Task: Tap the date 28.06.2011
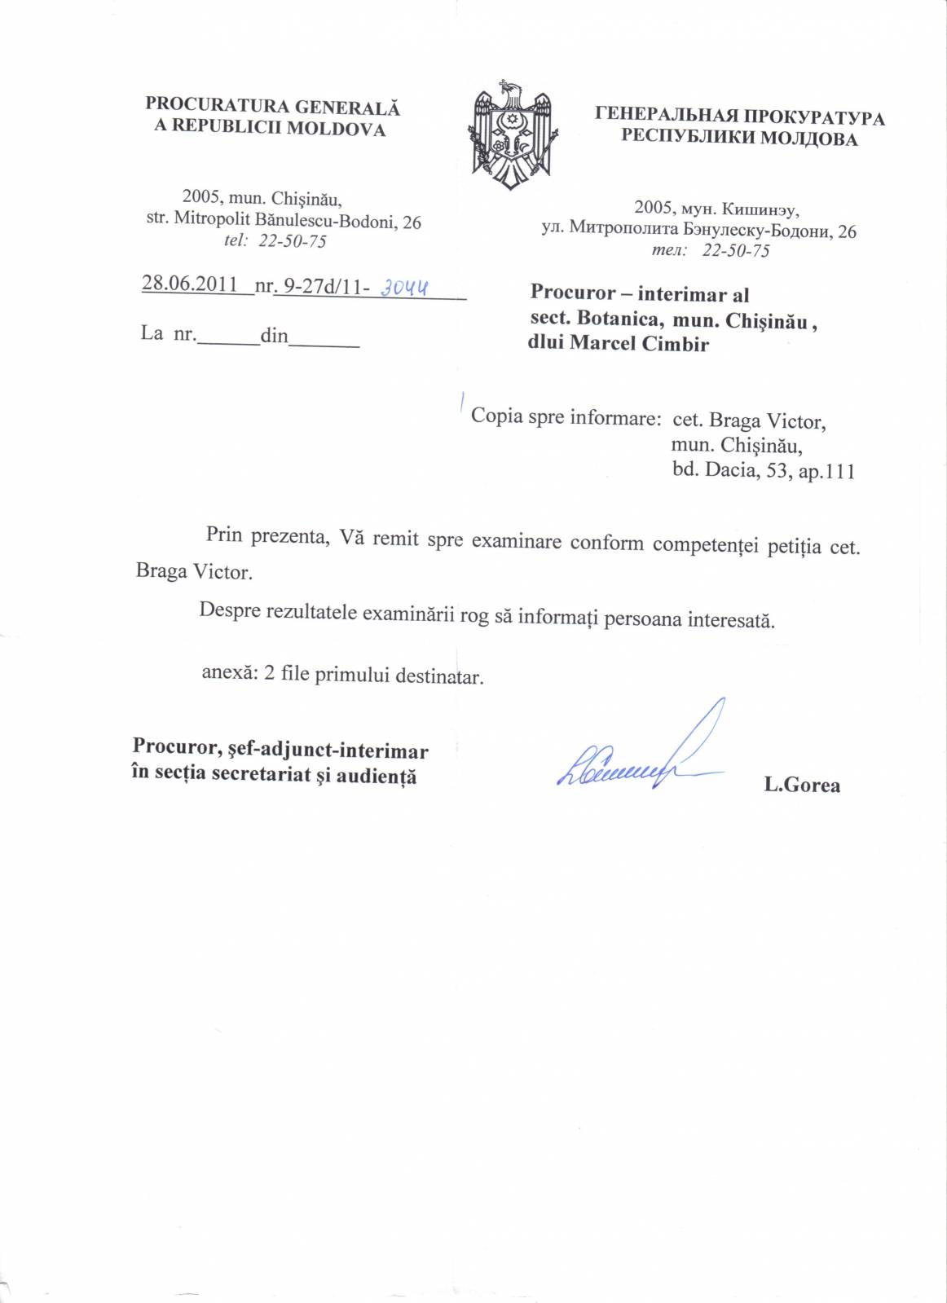189,284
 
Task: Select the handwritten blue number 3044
405,287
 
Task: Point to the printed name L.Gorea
802,786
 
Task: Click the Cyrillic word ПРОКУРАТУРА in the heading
815,117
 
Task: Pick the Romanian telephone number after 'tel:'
293,241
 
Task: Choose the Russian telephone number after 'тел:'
736,251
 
